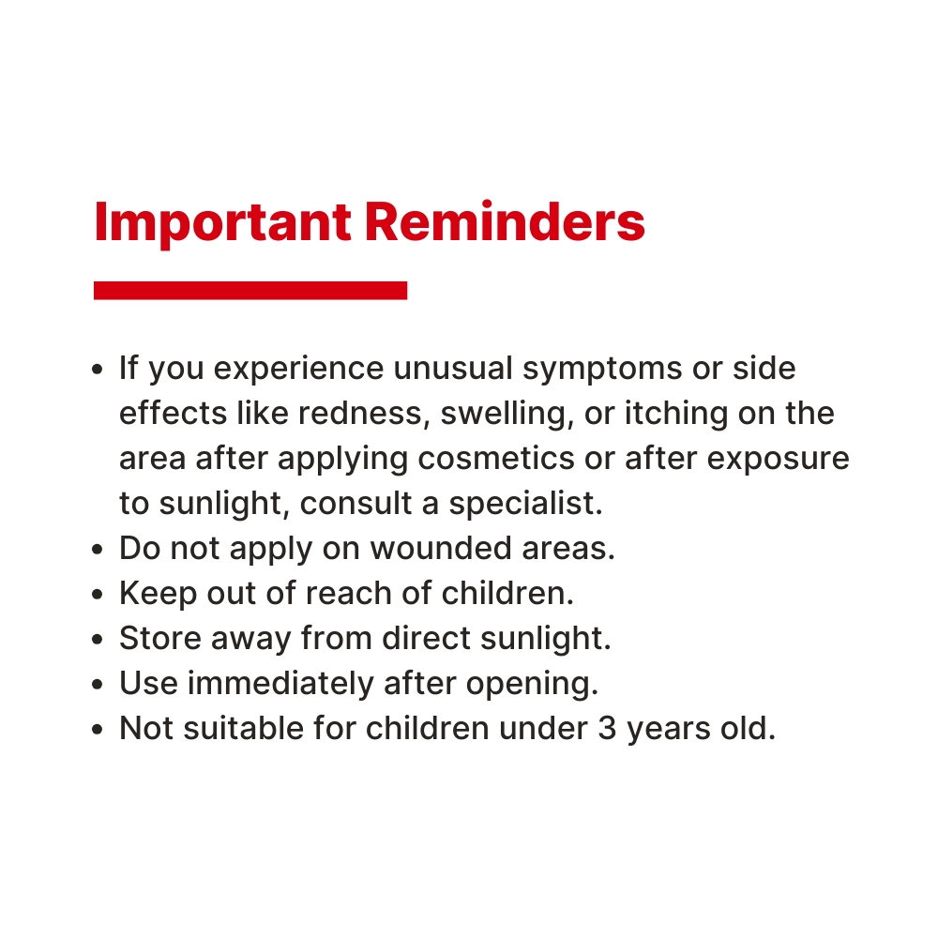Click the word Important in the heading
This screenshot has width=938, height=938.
coord(222,223)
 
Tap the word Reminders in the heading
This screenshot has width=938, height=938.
coord(505,222)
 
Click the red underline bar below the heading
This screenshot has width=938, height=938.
coord(250,290)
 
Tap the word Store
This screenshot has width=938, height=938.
coord(160,638)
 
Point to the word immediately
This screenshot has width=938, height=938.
coord(280,685)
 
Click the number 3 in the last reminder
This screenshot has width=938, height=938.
coord(607,729)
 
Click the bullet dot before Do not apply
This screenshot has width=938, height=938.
coord(98,549)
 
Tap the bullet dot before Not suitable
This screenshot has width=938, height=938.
coord(98,729)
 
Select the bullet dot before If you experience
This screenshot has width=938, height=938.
coord(98,369)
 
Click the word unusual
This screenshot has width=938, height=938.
coord(453,368)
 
